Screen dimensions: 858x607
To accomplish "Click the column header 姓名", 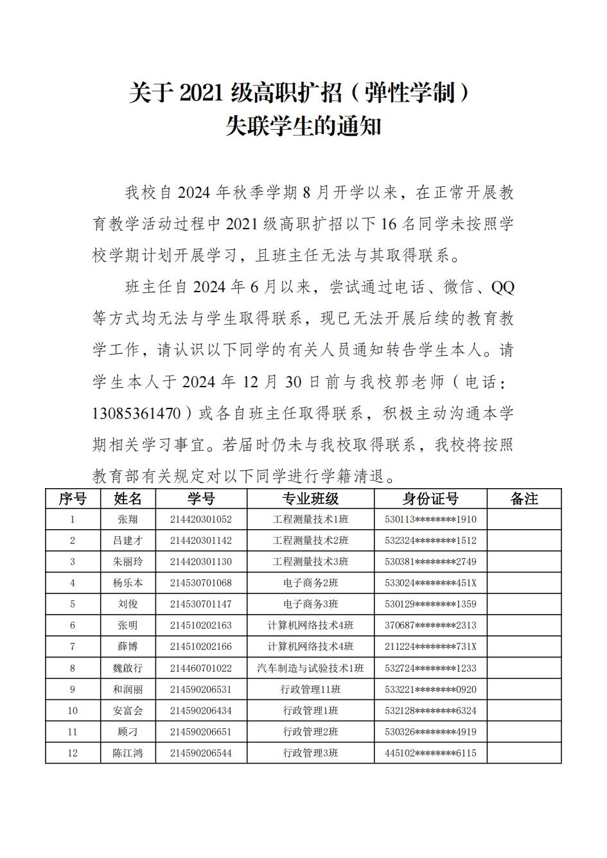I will pos(128,499).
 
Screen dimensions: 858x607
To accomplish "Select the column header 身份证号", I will pos(430,499).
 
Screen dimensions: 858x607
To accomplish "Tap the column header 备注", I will pos(523,499).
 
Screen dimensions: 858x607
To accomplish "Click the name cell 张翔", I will pos(128,520).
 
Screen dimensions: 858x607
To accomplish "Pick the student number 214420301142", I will pos(201,541).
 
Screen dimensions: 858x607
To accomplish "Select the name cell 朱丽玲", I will pos(128,562).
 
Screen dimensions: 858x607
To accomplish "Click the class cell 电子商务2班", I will pos(310,583).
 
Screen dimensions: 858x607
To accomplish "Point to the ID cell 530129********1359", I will pos(430,604).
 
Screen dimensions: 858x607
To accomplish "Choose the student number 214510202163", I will pos(201,626).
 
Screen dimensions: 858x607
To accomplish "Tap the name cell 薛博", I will pos(128,647).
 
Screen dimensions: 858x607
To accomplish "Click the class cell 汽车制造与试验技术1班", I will pos(310,669).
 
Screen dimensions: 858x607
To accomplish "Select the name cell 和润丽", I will pos(128,690).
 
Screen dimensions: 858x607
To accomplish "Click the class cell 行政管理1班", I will pos(310,711).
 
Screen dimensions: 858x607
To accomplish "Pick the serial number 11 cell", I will pos(73,732).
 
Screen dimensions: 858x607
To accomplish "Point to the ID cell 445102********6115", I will pos(430,753).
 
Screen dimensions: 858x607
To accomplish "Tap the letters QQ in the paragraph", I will pos(502,287).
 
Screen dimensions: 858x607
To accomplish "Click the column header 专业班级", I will pos(310,499).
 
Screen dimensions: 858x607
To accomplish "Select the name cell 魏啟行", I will pos(128,669).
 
